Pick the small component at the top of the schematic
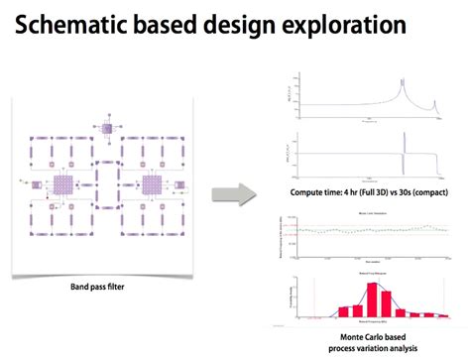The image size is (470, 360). [107, 127]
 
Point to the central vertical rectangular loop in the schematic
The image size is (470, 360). [107, 188]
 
